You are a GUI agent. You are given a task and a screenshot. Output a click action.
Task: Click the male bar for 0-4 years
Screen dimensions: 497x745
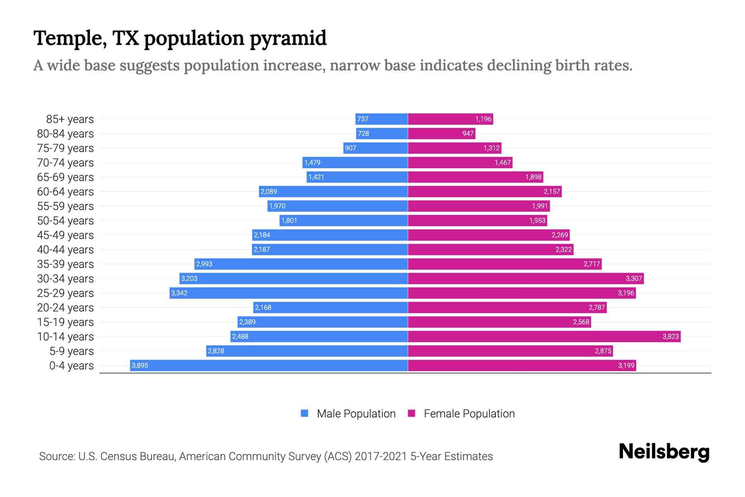[269, 365]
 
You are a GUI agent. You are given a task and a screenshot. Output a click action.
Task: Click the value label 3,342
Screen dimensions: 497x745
[179, 293]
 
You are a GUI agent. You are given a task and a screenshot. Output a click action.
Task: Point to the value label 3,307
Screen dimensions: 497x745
[634, 278]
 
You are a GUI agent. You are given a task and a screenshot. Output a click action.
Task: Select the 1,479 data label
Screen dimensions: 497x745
[312, 162]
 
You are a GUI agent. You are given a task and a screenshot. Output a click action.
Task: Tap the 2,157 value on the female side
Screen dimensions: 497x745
[552, 191]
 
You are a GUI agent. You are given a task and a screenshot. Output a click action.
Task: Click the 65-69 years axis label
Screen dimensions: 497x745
[65, 177]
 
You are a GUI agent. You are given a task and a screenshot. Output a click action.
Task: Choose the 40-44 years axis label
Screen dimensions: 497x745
[65, 249]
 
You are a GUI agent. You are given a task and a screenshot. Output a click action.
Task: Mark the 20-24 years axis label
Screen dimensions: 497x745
[65, 307]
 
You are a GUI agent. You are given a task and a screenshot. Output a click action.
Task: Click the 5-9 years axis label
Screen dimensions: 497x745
[72, 351]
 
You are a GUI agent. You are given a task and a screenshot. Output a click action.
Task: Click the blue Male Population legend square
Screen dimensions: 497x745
[305, 413]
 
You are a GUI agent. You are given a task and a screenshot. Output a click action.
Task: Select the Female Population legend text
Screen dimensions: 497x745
[469, 413]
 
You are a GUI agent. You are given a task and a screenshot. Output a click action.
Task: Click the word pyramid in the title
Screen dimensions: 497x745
[288, 39]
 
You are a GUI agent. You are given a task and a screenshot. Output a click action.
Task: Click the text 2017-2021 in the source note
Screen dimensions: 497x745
[381, 456]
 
